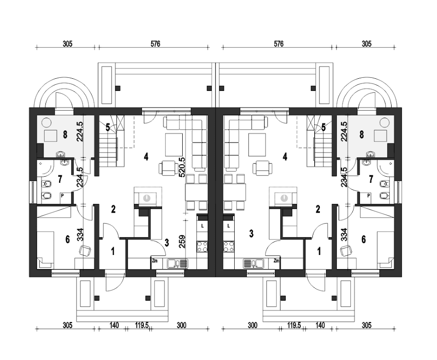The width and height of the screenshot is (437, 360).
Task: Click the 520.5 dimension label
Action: (x=182, y=167)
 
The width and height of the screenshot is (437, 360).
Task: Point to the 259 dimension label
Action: (x=182, y=241)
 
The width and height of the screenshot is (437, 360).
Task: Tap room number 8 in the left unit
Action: (x=65, y=135)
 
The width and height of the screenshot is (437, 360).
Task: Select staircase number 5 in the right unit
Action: (x=323, y=127)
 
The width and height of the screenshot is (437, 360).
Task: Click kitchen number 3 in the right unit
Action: (x=252, y=233)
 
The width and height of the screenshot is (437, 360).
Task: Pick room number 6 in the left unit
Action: (x=67, y=239)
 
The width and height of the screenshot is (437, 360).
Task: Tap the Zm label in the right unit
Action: (x=276, y=261)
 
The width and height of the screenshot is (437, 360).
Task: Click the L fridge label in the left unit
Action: (x=203, y=226)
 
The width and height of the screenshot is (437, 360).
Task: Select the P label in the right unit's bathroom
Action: (x=369, y=196)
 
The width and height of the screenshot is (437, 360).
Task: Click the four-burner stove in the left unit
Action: (x=202, y=247)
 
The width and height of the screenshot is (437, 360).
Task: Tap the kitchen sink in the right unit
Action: (x=253, y=263)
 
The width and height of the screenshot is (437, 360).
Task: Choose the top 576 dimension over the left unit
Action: (x=155, y=44)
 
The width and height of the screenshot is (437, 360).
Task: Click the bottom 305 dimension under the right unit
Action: (x=366, y=325)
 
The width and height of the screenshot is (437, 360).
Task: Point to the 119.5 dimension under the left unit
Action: (x=142, y=325)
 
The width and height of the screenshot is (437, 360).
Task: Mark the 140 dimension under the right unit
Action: (x=320, y=325)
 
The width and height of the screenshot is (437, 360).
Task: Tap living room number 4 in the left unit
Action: (x=146, y=157)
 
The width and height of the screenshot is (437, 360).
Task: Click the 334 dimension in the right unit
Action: (x=344, y=234)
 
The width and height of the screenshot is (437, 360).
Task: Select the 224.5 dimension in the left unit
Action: (x=80, y=131)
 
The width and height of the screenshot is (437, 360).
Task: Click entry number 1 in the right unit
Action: (x=319, y=252)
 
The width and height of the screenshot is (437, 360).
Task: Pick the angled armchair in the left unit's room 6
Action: (x=86, y=250)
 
